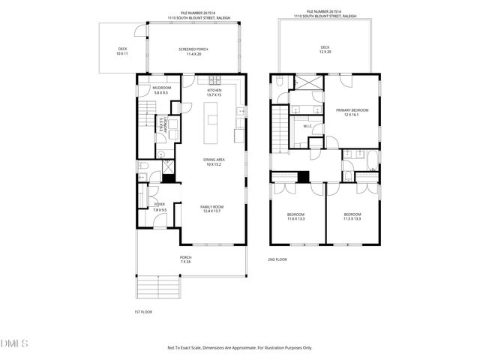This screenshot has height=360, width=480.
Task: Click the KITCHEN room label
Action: click(215, 92)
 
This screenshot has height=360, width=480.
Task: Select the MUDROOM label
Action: click(162, 90)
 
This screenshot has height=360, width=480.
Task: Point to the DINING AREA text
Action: click(214, 162)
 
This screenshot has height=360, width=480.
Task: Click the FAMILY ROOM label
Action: click(212, 209)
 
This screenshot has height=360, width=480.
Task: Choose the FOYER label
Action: click(160, 206)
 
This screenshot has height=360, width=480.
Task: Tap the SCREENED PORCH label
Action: click(193, 52)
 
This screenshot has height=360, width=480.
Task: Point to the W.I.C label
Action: click(307, 126)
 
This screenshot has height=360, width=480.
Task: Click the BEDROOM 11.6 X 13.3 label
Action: click(295, 217)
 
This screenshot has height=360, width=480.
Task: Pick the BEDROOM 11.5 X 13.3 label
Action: click(352, 217)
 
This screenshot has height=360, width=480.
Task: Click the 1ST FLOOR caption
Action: click(142, 311)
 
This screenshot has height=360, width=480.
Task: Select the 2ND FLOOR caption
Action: click(277, 259)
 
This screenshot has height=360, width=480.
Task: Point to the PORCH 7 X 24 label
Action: click(185, 259)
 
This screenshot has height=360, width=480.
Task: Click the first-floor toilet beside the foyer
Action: click(145, 166)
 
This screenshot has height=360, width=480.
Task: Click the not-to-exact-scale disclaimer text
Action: click(239, 348)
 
